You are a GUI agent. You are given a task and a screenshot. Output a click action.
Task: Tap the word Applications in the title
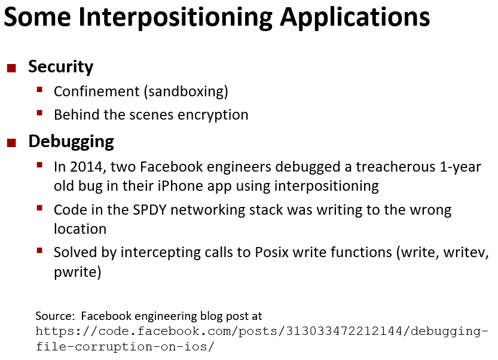coord(355,17)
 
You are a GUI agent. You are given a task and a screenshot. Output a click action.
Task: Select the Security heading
coord(60,67)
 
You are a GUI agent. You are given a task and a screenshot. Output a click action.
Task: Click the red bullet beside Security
coord(11,68)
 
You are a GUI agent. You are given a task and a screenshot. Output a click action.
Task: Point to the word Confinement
coord(97,91)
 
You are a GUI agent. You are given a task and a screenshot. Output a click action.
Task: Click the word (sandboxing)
coord(186,92)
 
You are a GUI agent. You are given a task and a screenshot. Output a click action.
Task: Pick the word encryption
coord(213,115)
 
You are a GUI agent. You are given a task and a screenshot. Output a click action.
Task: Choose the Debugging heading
coord(71,142)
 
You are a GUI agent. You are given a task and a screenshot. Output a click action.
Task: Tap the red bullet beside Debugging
coord(11,143)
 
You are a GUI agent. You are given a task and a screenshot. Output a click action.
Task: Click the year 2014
coord(88,167)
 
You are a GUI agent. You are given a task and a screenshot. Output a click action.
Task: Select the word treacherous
coord(395,167)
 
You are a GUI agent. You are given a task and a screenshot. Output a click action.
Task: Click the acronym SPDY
coord(149,210)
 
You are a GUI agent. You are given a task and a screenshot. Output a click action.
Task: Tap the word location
coord(80,229)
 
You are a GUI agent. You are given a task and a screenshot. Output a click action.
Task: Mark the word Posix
coord(272,252)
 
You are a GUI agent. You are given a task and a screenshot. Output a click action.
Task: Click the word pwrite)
coord(78,272)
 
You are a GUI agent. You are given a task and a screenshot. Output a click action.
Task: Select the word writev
coord(466,252)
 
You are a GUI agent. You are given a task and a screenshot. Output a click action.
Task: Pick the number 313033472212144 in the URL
coord(344,331)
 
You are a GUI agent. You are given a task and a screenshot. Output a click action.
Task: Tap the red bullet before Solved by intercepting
coord(39,251)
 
